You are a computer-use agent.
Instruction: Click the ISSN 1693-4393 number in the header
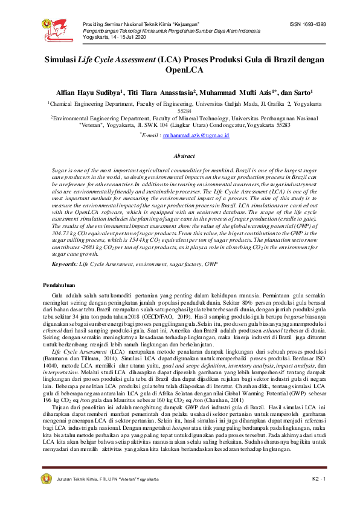pyautogui.click(x=308, y=25)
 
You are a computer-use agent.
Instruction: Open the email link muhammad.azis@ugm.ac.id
pyautogui.click(x=196, y=136)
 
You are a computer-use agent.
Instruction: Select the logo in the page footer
pyautogui.click(x=46, y=479)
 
